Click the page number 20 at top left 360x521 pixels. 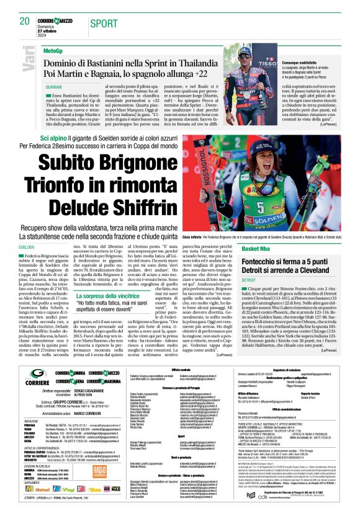25,21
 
